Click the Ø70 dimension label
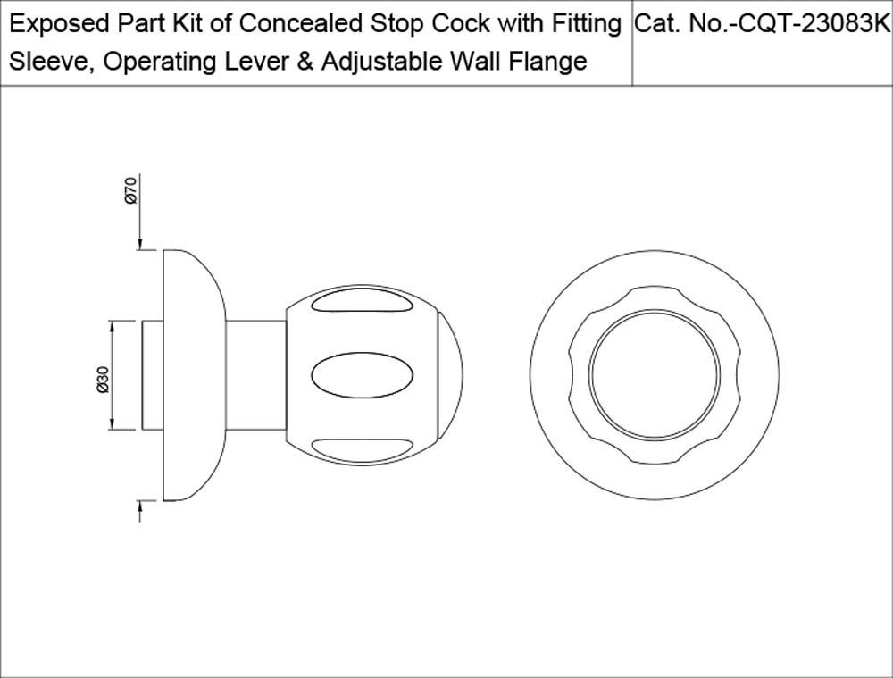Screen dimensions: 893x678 pyautogui.click(x=131, y=191)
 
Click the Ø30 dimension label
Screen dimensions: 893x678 pyautogui.click(x=103, y=380)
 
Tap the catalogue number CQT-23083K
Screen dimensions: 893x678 pyautogui.click(x=814, y=24)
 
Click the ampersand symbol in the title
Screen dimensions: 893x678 pyautogui.click(x=305, y=62)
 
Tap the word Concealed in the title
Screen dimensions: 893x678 pyautogui.click(x=303, y=24)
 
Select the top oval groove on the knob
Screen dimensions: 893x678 pyautogui.click(x=363, y=302)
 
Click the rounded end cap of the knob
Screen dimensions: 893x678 pyautogui.click(x=450, y=376)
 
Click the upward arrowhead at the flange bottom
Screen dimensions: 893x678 pyautogui.click(x=139, y=507)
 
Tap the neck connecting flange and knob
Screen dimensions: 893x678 pyautogui.click(x=255, y=376)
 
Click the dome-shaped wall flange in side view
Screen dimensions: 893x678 pyautogui.click(x=195, y=375)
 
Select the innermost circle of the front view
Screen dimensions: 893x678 pyautogui.click(x=654, y=375)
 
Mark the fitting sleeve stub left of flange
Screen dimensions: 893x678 pyautogui.click(x=152, y=375)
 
